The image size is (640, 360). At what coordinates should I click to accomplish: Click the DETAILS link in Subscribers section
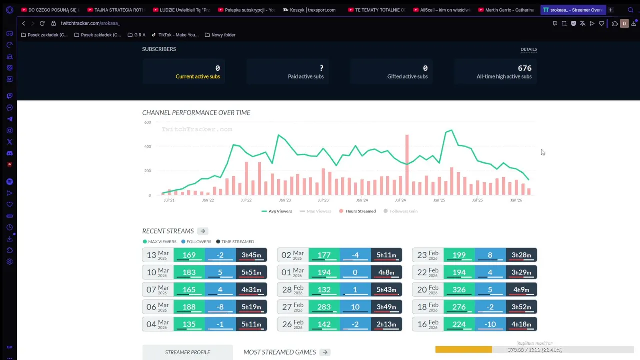click(528, 49)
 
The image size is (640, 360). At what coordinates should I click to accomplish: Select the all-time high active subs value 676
click(524, 68)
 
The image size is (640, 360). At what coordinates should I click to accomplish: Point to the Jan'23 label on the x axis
click(285, 200)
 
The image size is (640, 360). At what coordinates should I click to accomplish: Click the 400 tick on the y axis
click(147, 146)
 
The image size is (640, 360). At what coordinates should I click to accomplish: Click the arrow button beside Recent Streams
click(202, 231)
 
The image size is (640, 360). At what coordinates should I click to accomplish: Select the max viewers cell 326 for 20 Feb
click(459, 290)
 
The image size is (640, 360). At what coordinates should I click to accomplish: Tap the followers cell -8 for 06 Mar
click(220, 307)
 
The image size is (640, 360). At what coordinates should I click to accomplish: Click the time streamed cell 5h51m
click(251, 272)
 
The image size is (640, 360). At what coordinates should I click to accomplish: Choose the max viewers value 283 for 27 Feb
click(324, 307)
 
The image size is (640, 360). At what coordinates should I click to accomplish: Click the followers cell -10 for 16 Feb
click(490, 324)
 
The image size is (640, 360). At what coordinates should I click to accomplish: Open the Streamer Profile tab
click(187, 352)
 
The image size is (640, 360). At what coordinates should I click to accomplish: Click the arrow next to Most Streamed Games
click(325, 352)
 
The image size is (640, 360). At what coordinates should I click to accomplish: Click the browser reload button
click(42, 23)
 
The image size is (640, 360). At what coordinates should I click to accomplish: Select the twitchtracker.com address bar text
click(90, 23)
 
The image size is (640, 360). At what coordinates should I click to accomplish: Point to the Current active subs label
click(197, 77)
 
